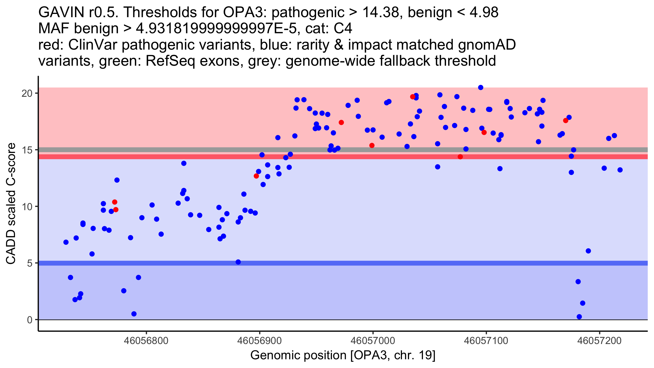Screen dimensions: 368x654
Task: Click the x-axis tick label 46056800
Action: pyautogui.click(x=146, y=341)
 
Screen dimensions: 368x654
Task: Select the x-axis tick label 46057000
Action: pyautogui.click(x=373, y=341)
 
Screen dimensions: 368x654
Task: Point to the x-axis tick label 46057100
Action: pyautogui.click(x=486, y=341)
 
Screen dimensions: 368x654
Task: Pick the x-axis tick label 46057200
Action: pyautogui.click(x=599, y=341)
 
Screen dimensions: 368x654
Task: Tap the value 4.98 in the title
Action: pyautogui.click(x=484, y=13)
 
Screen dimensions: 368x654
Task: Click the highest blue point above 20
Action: pyautogui.click(x=481, y=88)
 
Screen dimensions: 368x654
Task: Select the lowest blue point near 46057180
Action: pyautogui.click(x=579, y=317)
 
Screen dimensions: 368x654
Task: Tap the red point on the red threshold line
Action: pyautogui.click(x=460, y=157)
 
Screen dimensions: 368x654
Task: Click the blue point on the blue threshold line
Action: pyautogui.click(x=238, y=262)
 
